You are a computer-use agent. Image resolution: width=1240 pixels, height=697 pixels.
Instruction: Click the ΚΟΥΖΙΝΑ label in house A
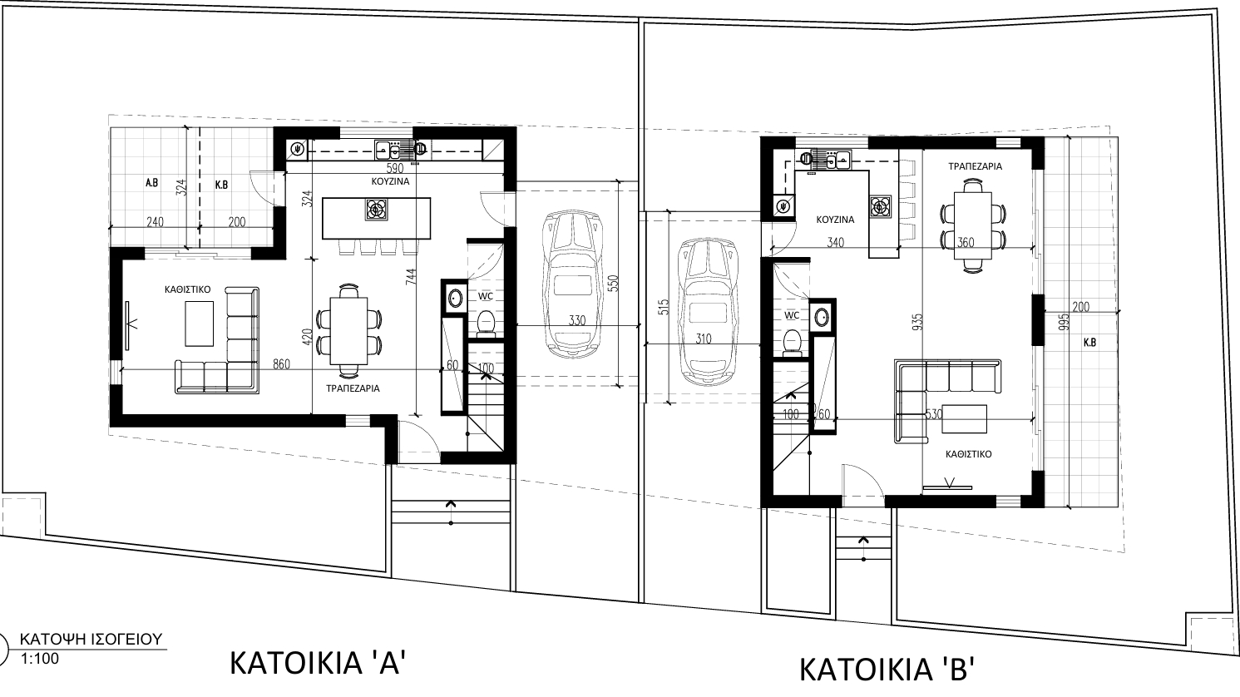click(390, 181)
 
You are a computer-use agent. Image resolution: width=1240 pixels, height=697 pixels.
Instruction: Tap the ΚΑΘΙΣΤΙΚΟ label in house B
click(968, 454)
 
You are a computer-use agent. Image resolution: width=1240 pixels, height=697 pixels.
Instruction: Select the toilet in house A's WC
click(486, 324)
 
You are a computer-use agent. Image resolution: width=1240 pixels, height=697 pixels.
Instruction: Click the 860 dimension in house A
click(281, 364)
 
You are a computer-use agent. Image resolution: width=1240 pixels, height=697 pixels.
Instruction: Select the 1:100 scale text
click(39, 659)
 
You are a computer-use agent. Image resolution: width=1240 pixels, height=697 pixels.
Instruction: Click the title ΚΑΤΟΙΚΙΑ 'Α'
click(319, 663)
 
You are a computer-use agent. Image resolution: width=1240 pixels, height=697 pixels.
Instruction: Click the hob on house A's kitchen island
click(377, 210)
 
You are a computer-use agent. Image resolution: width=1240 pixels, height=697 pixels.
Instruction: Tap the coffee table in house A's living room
click(200, 324)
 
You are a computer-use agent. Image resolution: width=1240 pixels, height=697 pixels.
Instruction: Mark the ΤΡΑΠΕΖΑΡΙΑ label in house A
click(353, 388)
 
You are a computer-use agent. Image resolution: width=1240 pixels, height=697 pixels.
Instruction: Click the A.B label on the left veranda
click(151, 183)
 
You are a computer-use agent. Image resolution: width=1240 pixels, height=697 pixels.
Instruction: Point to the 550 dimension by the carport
click(613, 284)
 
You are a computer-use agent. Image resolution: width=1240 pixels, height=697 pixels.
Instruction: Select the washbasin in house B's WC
click(822, 317)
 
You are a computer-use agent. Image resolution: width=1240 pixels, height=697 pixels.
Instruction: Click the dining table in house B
click(973, 225)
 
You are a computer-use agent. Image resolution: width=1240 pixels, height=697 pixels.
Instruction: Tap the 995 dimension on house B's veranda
click(1063, 323)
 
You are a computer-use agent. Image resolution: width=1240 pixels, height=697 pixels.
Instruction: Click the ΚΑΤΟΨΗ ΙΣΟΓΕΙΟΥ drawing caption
click(91, 640)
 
